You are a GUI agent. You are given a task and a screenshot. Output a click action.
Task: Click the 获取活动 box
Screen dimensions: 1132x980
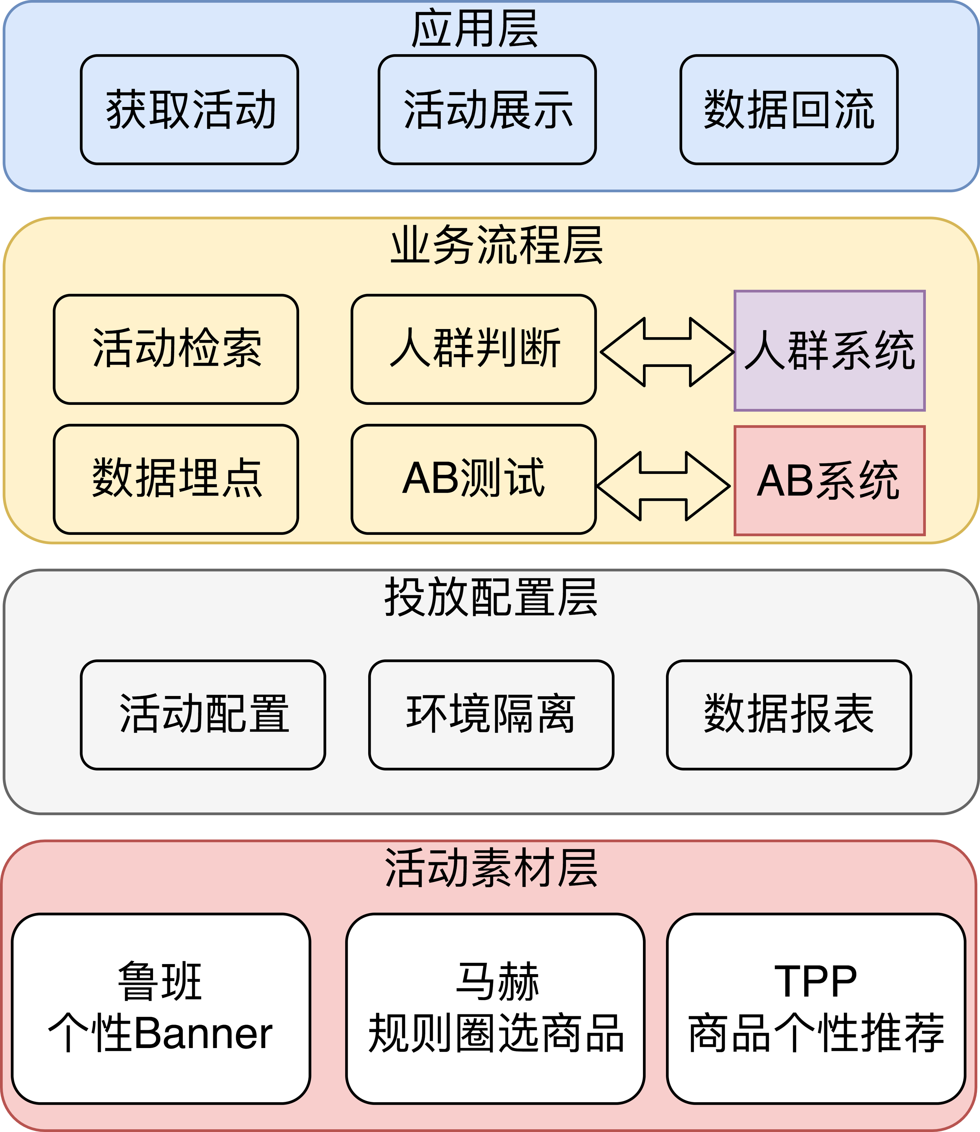[x=189, y=110]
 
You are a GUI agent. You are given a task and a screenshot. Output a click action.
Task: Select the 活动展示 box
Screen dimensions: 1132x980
[x=487, y=110]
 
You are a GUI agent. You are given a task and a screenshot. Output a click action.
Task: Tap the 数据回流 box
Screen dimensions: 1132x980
[x=788, y=110]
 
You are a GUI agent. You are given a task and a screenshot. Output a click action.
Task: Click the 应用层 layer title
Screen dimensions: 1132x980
[x=475, y=29]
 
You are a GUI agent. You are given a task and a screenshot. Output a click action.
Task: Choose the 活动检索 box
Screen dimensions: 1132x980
[x=176, y=349]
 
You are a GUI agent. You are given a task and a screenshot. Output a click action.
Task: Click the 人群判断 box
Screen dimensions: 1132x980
[x=473, y=349]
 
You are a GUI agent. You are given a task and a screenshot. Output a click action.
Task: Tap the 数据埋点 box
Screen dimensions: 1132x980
[x=176, y=479]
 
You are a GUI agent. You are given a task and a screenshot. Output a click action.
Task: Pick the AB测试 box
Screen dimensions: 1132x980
[x=473, y=479]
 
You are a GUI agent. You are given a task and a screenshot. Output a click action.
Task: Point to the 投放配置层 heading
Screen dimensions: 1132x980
[x=491, y=597]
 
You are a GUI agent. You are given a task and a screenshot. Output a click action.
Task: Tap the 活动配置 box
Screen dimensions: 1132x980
[x=203, y=714]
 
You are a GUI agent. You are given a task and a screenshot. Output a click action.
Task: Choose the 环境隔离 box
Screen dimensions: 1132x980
[x=491, y=714]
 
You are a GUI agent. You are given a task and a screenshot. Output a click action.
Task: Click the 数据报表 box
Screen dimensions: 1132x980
[x=788, y=714]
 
